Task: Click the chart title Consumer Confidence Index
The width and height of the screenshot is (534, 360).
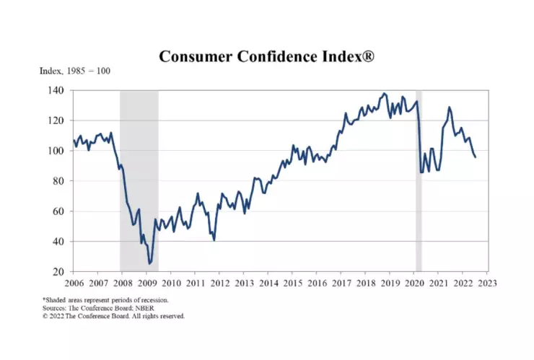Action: click(x=266, y=56)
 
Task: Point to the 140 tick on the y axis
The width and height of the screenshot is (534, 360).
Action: click(x=56, y=90)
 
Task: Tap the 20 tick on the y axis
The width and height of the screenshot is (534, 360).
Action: click(x=59, y=272)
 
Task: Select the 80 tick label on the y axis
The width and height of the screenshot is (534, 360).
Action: click(x=59, y=181)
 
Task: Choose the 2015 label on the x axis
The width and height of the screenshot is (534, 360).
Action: click(x=292, y=284)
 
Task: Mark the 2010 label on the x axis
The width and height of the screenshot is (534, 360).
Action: click(x=171, y=284)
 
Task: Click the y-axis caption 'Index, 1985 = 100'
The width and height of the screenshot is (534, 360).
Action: click(x=74, y=71)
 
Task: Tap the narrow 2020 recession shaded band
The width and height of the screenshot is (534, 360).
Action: click(x=419, y=180)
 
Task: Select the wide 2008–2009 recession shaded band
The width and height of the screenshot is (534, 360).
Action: click(x=139, y=180)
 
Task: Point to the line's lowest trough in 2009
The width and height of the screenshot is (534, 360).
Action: click(x=150, y=263)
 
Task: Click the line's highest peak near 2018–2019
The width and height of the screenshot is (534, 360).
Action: click(x=384, y=94)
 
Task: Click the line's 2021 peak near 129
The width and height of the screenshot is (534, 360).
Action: click(x=449, y=107)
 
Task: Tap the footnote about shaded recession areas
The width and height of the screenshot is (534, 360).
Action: click(x=105, y=299)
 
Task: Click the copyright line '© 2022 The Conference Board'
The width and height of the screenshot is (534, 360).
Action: click(x=113, y=316)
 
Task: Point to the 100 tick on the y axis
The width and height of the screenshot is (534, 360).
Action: click(x=56, y=151)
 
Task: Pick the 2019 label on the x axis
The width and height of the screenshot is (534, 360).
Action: click(x=390, y=284)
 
